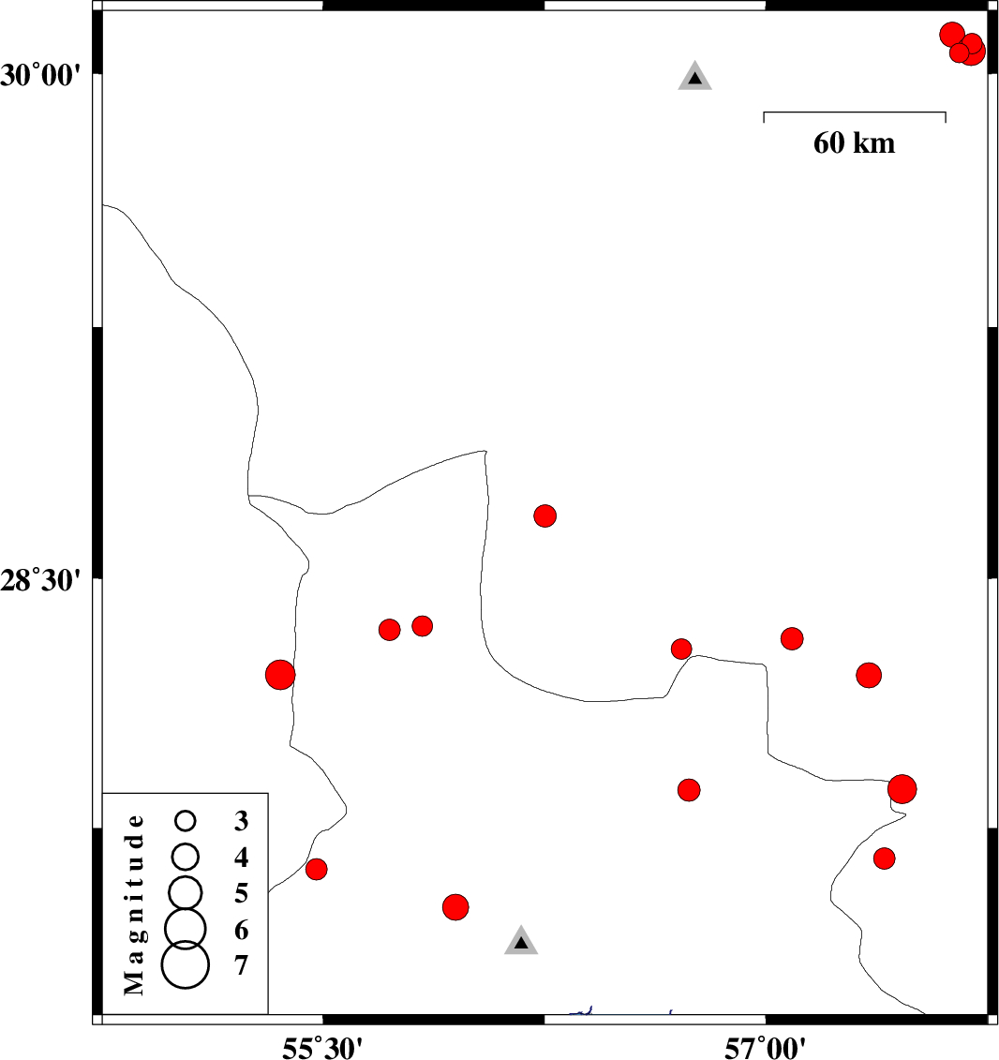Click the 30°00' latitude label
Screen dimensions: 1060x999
pyautogui.click(x=44, y=75)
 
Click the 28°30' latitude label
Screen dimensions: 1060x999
pyautogui.click(x=44, y=580)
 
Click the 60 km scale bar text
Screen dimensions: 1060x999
pyautogui.click(x=854, y=143)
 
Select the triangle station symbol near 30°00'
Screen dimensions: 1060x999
pyautogui.click(x=694, y=77)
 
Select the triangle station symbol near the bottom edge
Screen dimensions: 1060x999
pyautogui.click(x=521, y=942)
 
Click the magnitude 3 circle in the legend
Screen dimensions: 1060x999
pyautogui.click(x=186, y=821)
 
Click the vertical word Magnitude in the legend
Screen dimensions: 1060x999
pyautogui.click(x=135, y=903)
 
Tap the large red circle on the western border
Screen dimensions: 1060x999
pyautogui.click(x=280, y=674)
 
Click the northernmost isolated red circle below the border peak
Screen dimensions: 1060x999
pyautogui.click(x=545, y=515)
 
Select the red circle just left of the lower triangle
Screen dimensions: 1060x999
pyautogui.click(x=455, y=906)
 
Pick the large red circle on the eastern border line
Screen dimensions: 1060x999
pyautogui.click(x=902, y=789)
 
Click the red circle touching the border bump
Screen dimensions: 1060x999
pyautogui.click(x=681, y=649)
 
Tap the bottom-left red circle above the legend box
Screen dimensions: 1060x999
pyautogui.click(x=317, y=869)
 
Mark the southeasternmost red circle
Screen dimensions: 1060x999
pyautogui.click(x=884, y=858)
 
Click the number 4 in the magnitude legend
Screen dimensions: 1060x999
pyautogui.click(x=242, y=857)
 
